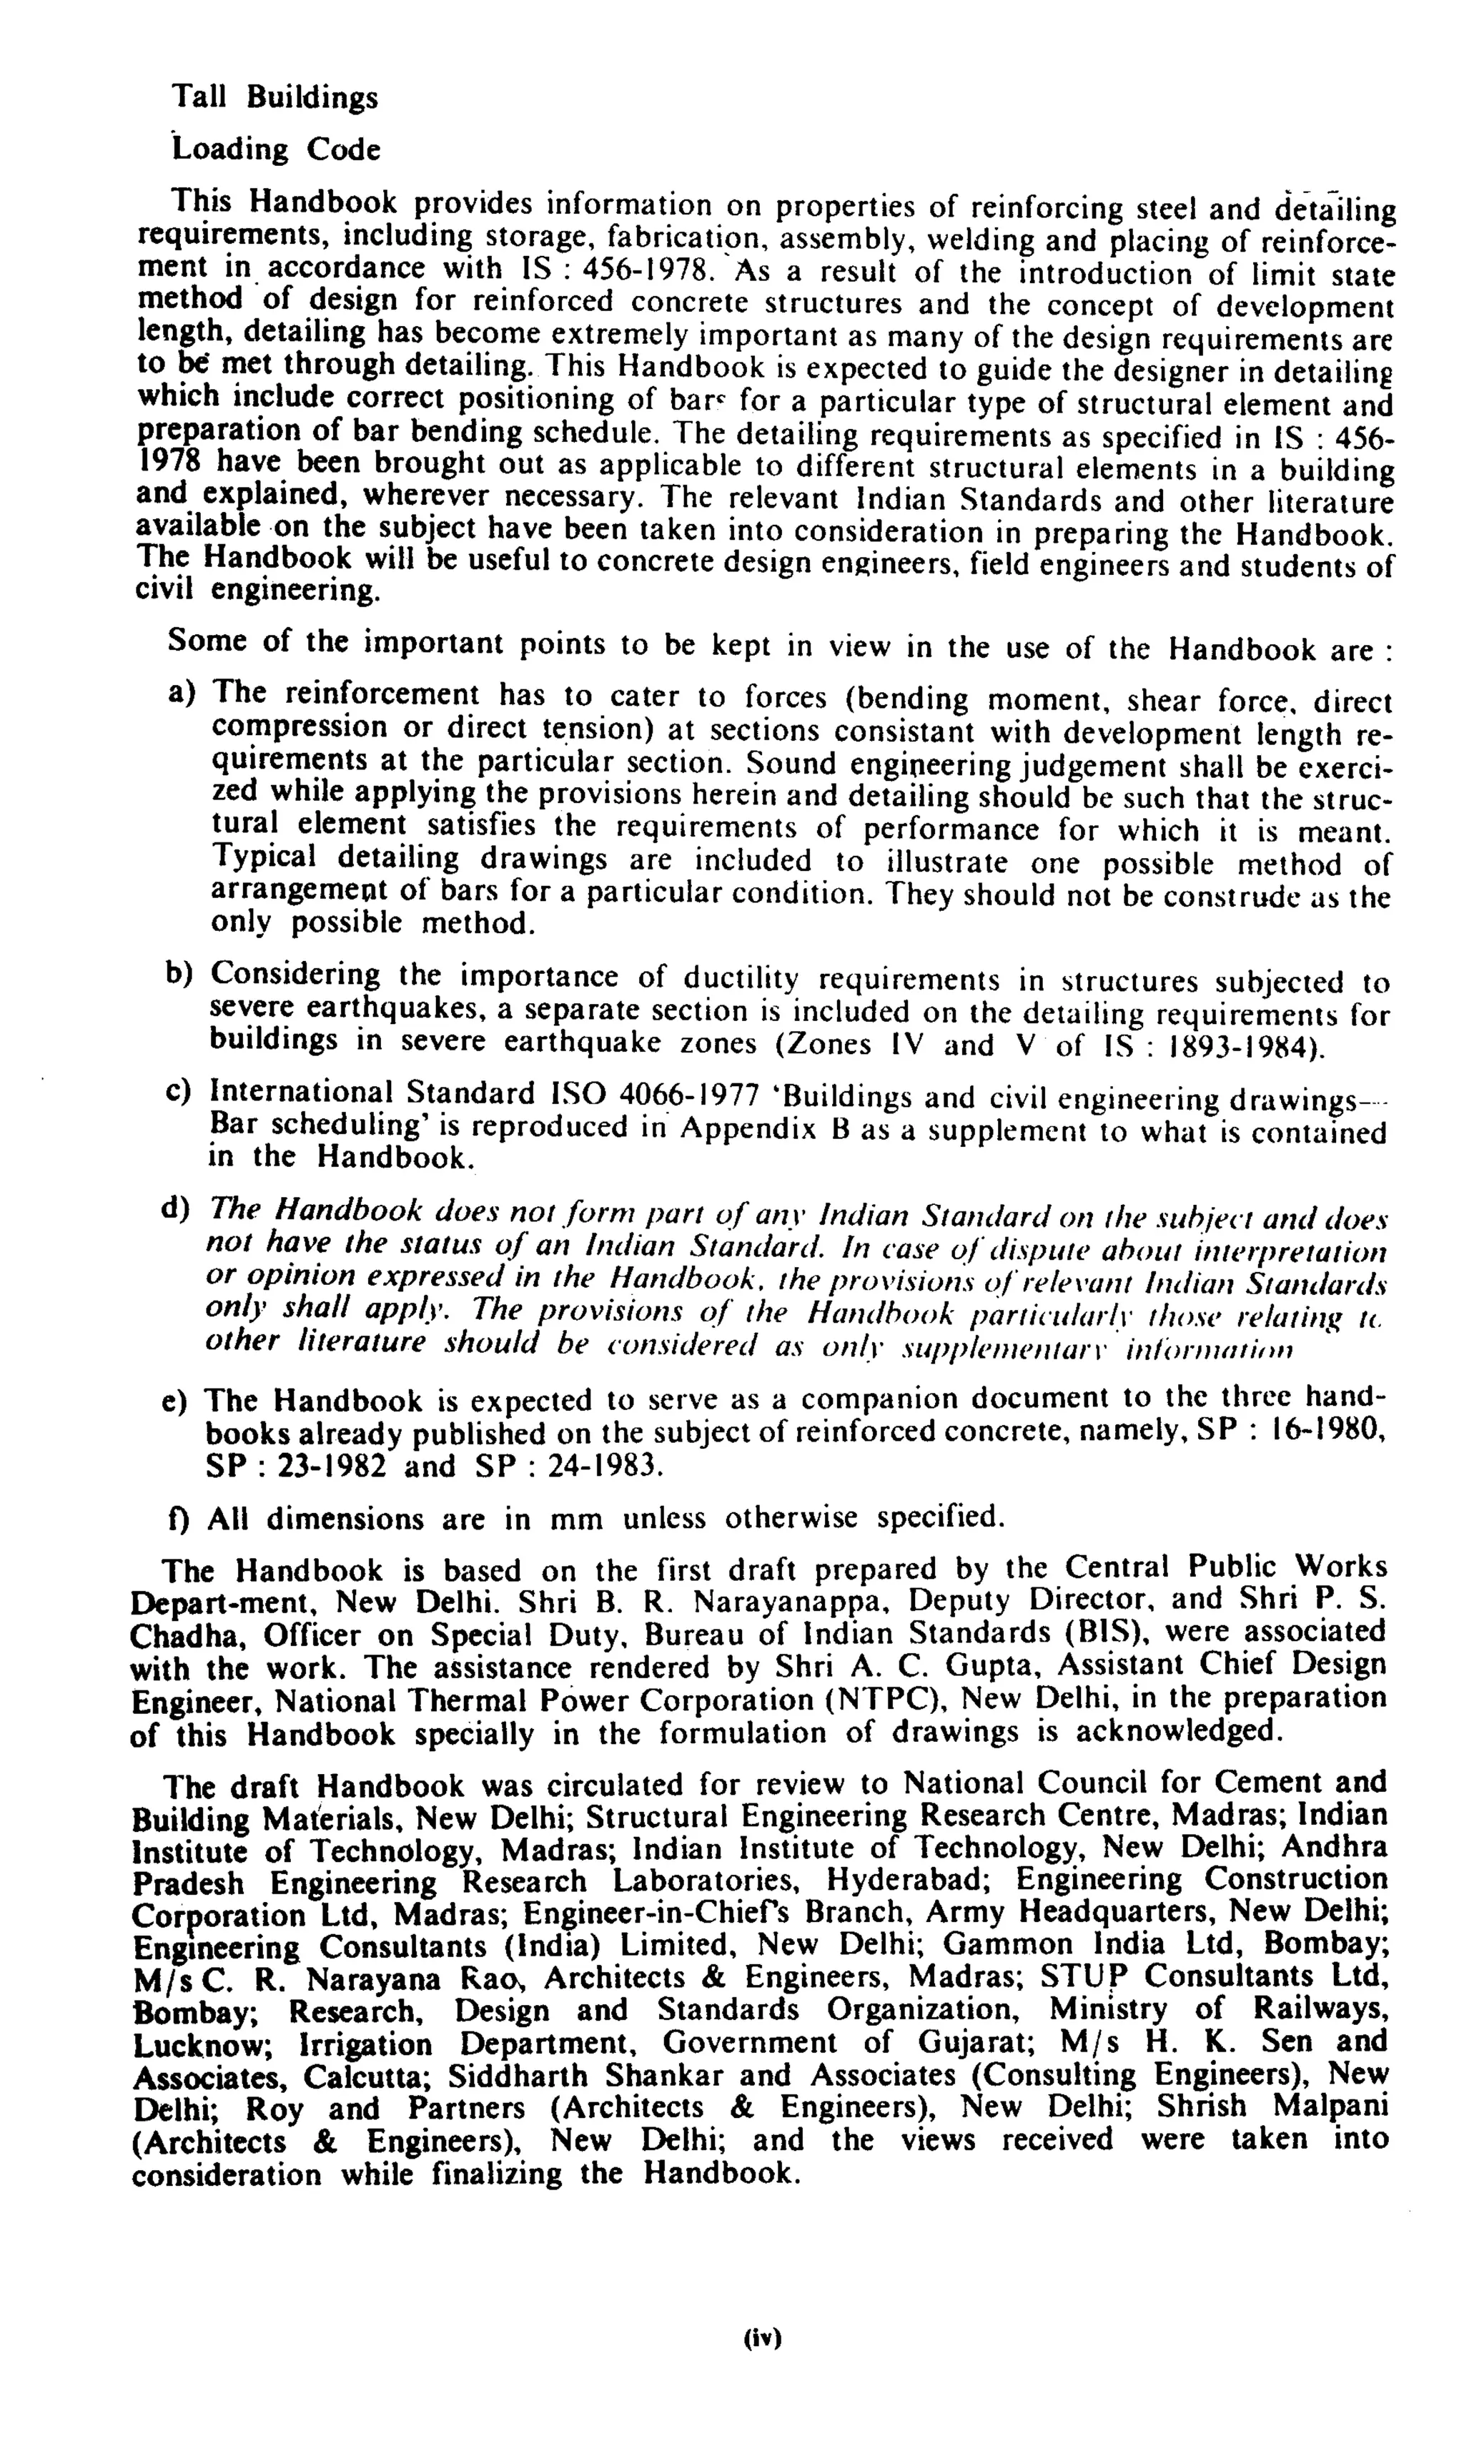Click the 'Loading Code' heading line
275,150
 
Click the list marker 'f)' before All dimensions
179,1517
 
